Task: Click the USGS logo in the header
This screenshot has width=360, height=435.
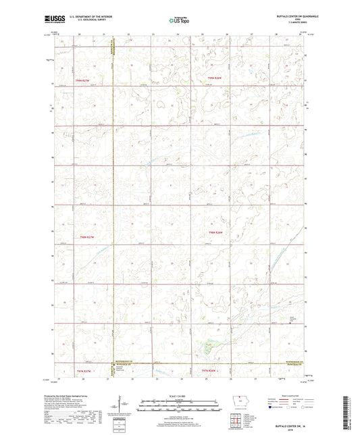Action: click(53, 20)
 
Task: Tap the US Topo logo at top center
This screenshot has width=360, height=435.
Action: click(179, 20)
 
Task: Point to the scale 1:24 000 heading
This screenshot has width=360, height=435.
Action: click(179, 394)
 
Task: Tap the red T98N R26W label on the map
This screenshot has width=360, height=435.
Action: click(215, 232)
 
